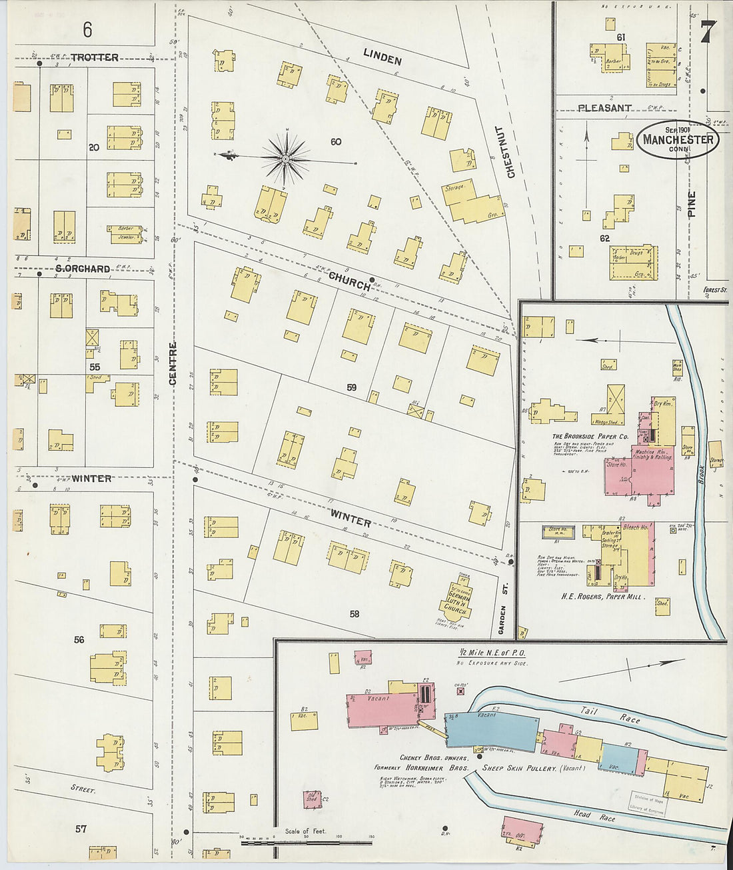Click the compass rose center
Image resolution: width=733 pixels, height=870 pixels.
[x=285, y=159]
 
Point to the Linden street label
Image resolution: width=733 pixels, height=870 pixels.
[x=382, y=57]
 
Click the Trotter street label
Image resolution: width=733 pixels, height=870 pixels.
[x=95, y=57]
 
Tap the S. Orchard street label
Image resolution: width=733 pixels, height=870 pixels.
[x=83, y=269]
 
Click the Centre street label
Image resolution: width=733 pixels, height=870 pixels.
[x=173, y=363]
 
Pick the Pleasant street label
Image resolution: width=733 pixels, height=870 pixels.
[x=604, y=107]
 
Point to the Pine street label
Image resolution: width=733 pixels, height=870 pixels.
[x=691, y=205]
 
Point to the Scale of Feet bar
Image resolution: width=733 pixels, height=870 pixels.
[x=307, y=842]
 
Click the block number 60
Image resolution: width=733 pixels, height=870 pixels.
[x=335, y=141]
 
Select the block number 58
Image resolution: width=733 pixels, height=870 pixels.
[x=354, y=613]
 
